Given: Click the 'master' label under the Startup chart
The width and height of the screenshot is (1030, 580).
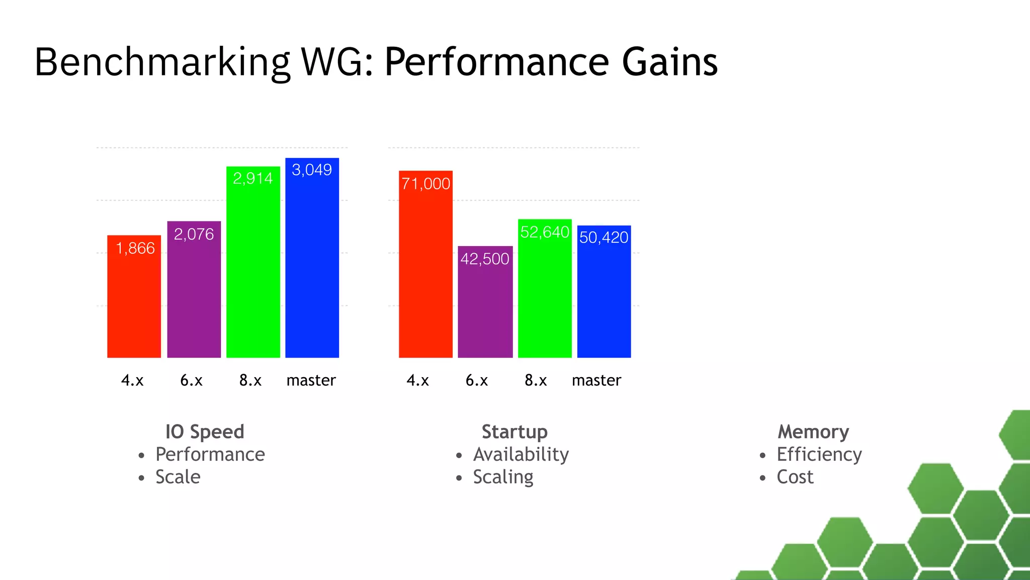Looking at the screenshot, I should click(596, 380).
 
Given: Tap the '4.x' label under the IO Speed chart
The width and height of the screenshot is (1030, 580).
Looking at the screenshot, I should click(132, 380).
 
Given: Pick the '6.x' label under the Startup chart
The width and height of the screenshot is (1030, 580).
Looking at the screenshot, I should click(477, 380).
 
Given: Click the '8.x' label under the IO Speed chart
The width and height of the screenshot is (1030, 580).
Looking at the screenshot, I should click(250, 380).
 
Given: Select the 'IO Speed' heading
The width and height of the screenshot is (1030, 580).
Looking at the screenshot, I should click(205, 432).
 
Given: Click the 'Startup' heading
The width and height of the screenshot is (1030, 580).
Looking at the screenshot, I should click(514, 432).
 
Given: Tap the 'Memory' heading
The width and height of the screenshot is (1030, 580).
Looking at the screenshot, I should click(813, 432).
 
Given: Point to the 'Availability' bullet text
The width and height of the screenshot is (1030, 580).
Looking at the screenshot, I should click(521, 455).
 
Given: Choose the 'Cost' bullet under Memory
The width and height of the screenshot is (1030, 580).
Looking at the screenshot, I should click(795, 477).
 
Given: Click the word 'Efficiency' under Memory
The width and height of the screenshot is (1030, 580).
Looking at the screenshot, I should click(819, 455).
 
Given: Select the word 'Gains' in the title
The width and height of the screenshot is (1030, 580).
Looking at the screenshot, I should click(669, 62).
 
